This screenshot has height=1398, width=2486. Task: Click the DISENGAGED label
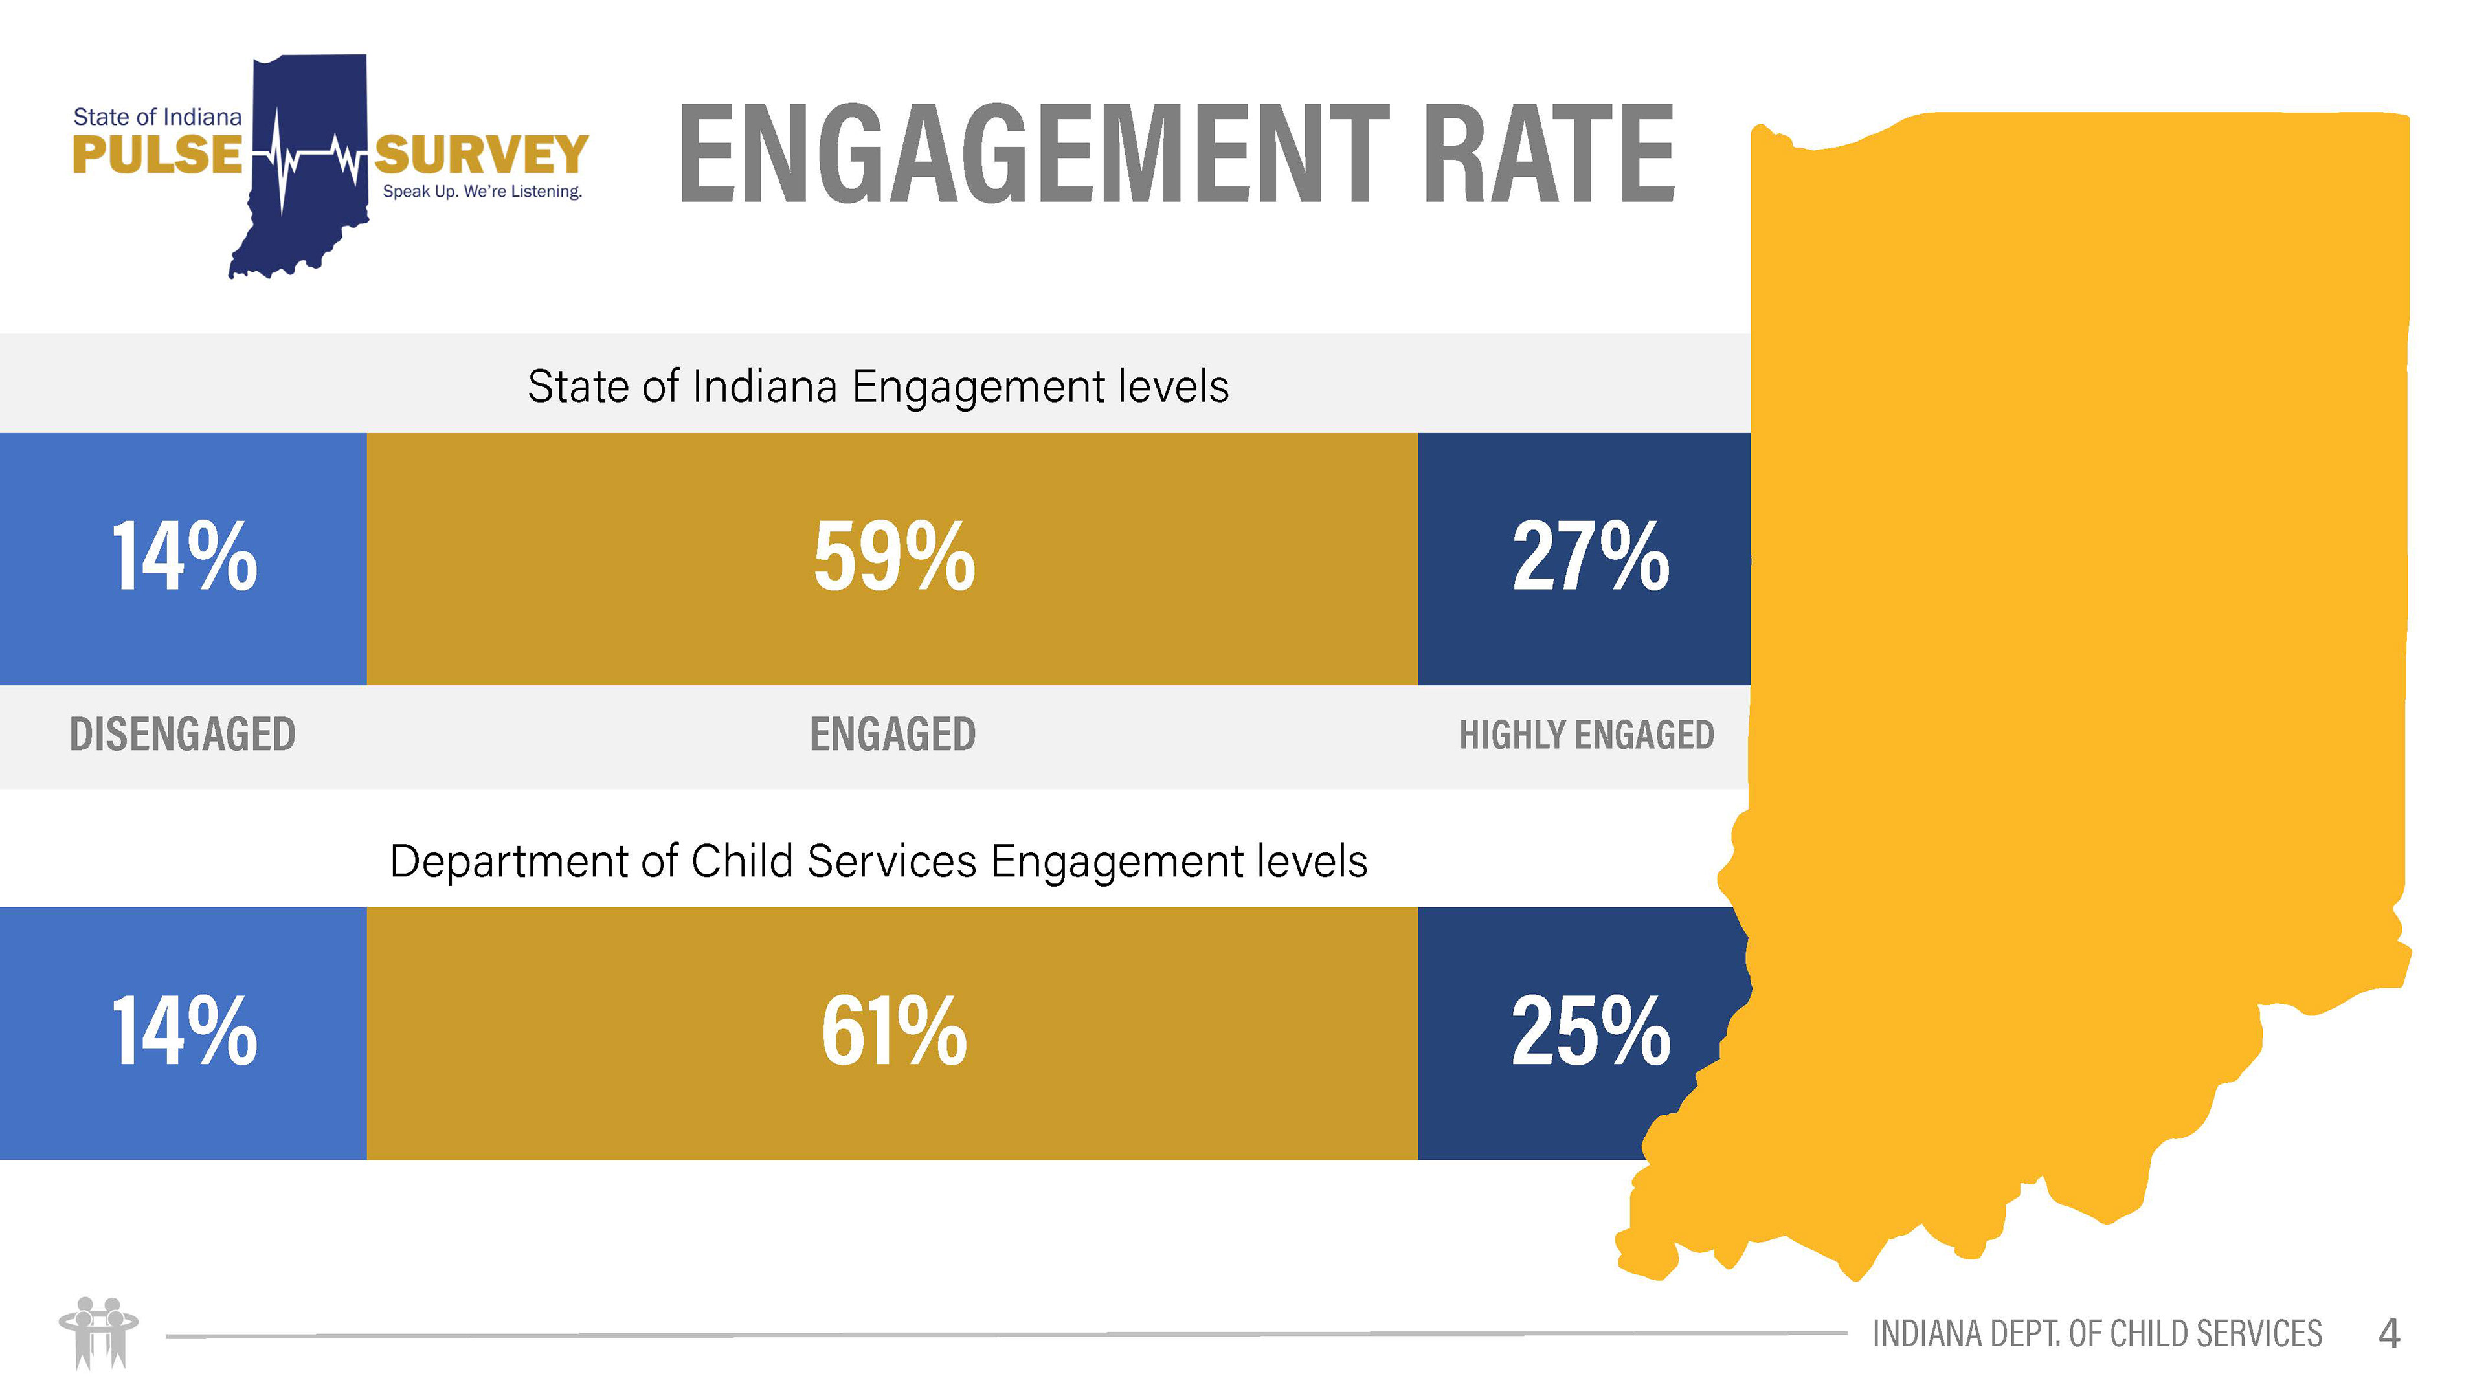(x=183, y=735)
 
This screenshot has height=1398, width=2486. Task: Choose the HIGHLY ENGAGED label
(x=1585, y=735)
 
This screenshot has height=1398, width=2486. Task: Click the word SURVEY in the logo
(x=480, y=155)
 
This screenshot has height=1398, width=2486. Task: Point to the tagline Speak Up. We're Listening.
(x=482, y=192)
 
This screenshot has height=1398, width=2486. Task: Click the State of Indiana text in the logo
(x=157, y=116)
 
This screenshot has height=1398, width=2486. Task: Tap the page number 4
(x=2388, y=1335)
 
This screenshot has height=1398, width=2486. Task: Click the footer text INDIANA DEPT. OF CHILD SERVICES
(x=2096, y=1335)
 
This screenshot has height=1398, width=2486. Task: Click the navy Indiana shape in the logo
(x=309, y=222)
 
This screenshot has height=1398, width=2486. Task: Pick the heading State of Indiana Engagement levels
(x=877, y=386)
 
